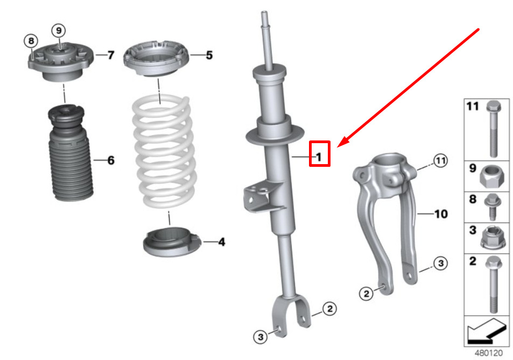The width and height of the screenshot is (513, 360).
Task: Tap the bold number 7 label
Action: click(x=111, y=55)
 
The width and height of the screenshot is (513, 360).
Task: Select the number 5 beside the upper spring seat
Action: click(x=209, y=55)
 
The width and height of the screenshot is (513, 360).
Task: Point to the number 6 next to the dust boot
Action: click(x=111, y=160)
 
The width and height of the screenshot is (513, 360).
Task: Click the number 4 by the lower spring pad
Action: click(x=221, y=242)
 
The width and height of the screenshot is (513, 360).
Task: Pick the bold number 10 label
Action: click(x=441, y=214)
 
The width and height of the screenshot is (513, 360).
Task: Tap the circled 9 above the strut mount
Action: click(x=59, y=31)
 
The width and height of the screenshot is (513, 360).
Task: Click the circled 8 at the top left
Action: click(x=31, y=41)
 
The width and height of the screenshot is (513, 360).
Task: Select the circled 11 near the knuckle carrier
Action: click(x=440, y=160)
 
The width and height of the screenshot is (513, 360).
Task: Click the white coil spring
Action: click(x=164, y=151)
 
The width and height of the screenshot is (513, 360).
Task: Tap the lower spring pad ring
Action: click(x=172, y=242)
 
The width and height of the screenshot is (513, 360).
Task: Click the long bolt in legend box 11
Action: click(x=494, y=129)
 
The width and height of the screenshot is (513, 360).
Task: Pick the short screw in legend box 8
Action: click(x=493, y=207)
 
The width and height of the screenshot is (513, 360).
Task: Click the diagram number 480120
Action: click(x=488, y=353)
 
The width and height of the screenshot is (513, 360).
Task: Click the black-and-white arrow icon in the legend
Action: click(x=487, y=331)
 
